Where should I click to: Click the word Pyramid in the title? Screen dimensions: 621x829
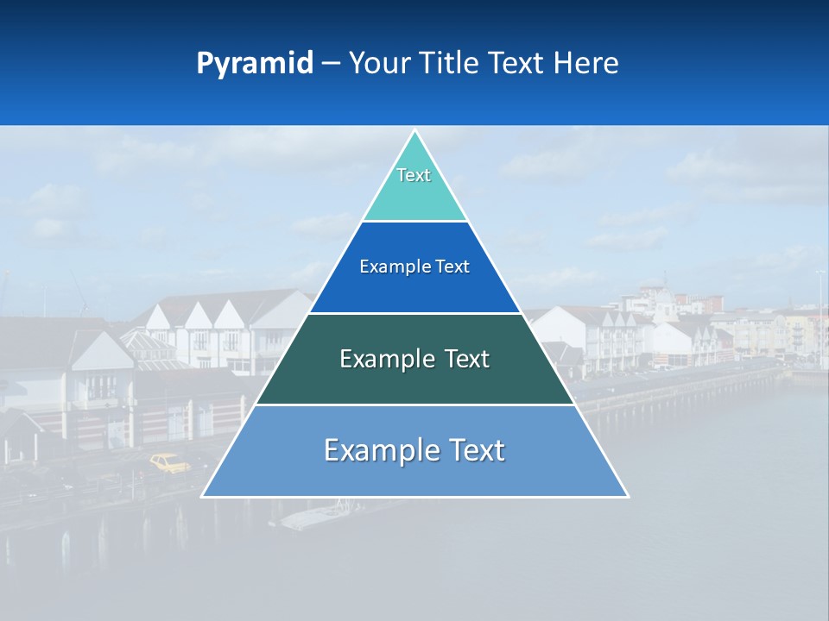(x=255, y=64)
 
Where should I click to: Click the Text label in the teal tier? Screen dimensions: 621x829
(x=414, y=175)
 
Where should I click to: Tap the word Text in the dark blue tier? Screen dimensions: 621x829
(x=453, y=267)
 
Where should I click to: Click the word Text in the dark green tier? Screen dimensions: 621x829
(x=464, y=359)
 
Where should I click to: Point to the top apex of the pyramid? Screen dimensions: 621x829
(x=414, y=131)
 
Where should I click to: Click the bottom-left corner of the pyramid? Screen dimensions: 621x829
(x=203, y=496)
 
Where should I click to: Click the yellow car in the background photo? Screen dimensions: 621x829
(x=170, y=463)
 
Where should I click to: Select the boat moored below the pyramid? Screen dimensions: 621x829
(x=315, y=516)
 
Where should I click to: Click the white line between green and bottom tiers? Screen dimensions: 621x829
(x=414, y=405)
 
